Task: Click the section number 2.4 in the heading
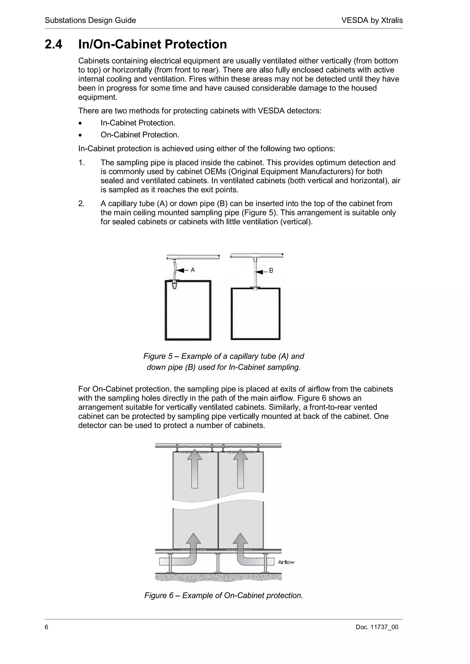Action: pyautogui.click(x=53, y=44)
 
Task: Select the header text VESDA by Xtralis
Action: pyautogui.click(x=372, y=20)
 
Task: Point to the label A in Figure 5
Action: pyautogui.click(x=193, y=270)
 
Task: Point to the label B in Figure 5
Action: pyautogui.click(x=271, y=271)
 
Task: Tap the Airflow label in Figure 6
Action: pyautogui.click(x=286, y=562)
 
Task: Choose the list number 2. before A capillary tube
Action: pyautogui.click(x=81, y=204)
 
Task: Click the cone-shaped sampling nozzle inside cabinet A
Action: pyautogui.click(x=175, y=286)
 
